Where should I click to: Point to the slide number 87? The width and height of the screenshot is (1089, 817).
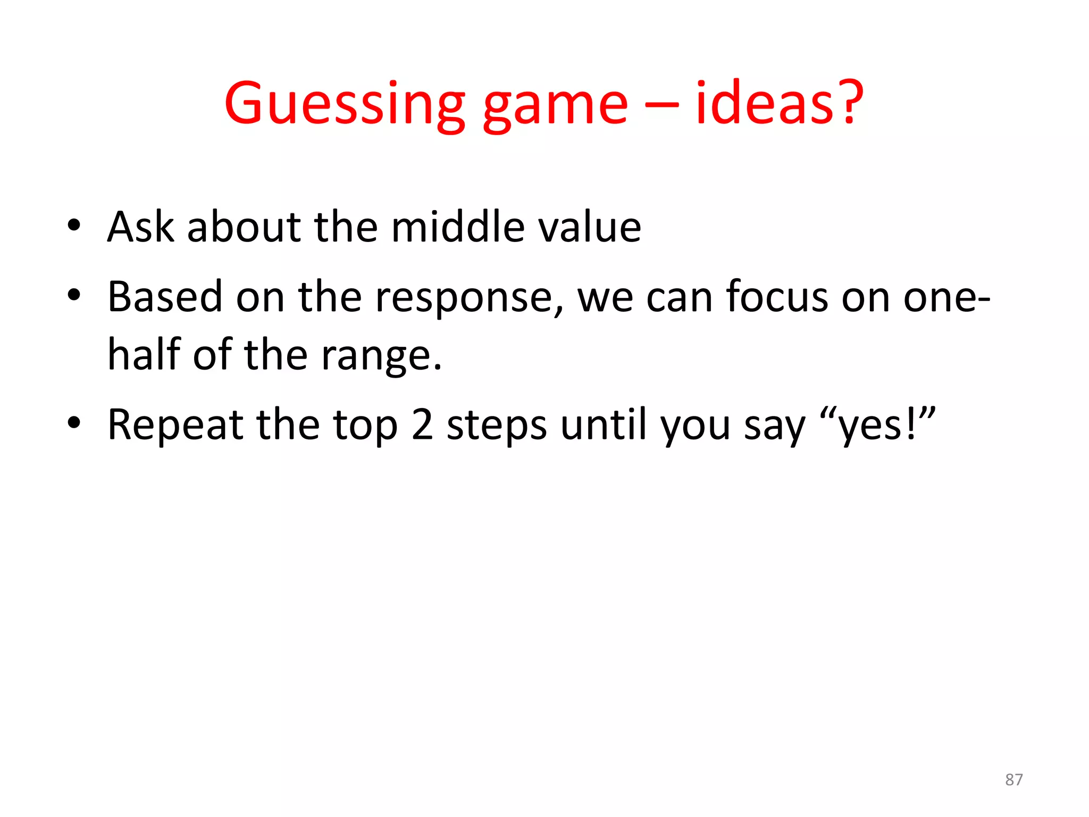click(1013, 780)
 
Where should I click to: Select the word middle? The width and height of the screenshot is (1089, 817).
click(458, 227)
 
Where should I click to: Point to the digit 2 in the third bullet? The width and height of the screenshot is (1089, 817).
click(422, 424)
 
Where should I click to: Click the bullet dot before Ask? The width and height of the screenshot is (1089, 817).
click(74, 225)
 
